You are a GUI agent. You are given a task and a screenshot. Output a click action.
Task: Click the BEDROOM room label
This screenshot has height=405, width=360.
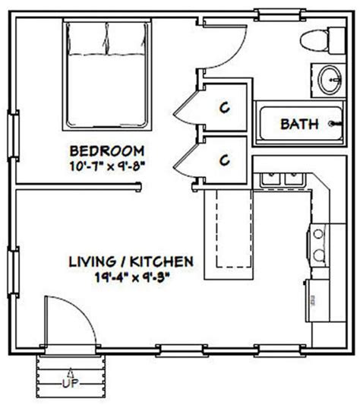[x=107, y=150]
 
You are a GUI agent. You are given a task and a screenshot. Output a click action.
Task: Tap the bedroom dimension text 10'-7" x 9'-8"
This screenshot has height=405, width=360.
[x=107, y=163]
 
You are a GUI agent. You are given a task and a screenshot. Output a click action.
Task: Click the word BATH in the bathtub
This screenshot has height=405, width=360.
[x=299, y=124]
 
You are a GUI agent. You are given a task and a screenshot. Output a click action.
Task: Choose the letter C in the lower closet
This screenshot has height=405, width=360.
[x=225, y=160]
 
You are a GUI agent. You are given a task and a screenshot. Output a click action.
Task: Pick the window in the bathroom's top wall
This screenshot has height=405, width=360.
[x=270, y=12]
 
